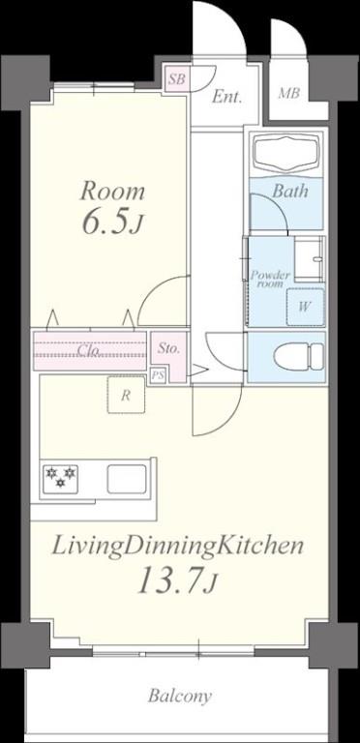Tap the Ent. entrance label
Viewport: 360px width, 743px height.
tap(226, 96)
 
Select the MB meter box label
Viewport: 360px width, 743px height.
tap(288, 94)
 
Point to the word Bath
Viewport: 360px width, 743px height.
tap(289, 191)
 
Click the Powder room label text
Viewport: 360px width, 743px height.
tap(271, 280)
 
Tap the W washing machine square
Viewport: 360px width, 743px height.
tap(304, 307)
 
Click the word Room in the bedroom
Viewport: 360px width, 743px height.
tap(112, 190)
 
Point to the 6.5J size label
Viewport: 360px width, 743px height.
tap(112, 223)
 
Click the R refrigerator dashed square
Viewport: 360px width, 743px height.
tap(126, 395)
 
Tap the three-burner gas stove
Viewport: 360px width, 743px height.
tap(61, 478)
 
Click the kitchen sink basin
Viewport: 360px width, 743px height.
tap(125, 478)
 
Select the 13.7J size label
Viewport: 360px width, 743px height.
tap(179, 582)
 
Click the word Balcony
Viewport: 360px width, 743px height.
tap(180, 696)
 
